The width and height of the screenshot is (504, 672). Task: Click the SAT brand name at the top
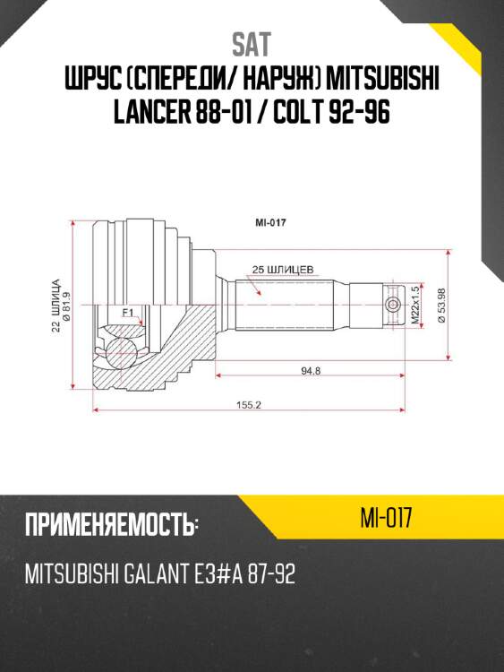(x=252, y=43)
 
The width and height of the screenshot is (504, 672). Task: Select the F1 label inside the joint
(x=127, y=312)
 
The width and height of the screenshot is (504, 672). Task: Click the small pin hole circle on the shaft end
(x=391, y=306)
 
